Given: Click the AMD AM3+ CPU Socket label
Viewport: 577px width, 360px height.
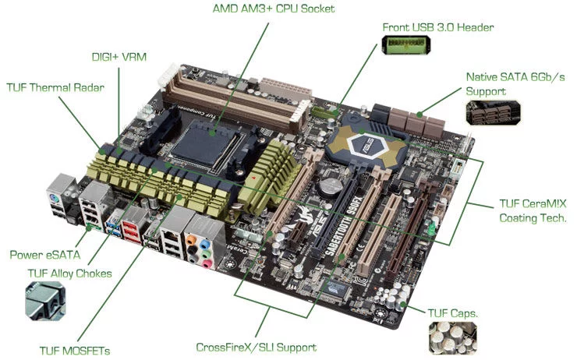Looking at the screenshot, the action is (x=274, y=9).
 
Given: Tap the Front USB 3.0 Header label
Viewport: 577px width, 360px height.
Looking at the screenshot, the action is (x=438, y=27).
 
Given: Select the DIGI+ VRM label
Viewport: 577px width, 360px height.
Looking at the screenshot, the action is (x=119, y=57).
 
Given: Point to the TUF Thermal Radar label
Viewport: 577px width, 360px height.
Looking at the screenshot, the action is (x=55, y=87).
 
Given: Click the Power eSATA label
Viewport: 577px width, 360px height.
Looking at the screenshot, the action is (x=45, y=255).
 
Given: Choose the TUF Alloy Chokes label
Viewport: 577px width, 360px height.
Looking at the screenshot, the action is (x=69, y=274).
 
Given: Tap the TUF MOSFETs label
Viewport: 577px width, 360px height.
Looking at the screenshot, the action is (x=75, y=351).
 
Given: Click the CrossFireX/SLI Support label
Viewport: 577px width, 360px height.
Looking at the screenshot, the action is (x=256, y=348).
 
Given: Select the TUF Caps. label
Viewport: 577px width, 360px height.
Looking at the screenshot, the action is (x=452, y=313).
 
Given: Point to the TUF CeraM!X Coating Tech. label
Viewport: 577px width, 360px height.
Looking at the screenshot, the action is (x=533, y=210).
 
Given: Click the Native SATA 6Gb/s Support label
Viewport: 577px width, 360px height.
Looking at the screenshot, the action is (x=515, y=84).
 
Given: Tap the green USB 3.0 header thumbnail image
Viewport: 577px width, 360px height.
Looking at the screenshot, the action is (x=406, y=45).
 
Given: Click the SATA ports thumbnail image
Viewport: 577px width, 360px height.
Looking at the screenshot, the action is (x=493, y=112).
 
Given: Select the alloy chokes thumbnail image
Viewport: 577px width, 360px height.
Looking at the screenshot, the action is (x=45, y=301).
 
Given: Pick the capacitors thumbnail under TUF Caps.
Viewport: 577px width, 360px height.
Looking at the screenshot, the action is (x=452, y=338).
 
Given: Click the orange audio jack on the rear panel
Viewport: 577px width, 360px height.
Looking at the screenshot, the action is (x=190, y=241).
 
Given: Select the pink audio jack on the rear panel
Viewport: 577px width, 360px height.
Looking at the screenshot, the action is (x=207, y=263).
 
